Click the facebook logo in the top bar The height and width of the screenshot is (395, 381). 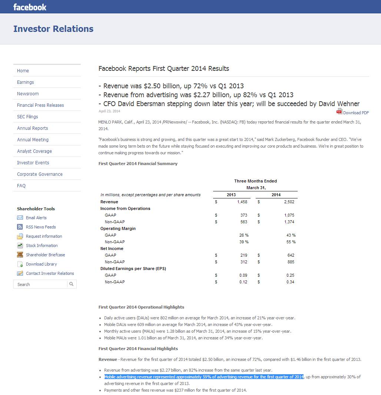[x=30, y=7]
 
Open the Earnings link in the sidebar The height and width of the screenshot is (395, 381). [x=25, y=82]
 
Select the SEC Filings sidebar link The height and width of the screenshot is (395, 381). [x=27, y=117]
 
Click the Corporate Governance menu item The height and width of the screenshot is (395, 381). [x=40, y=174]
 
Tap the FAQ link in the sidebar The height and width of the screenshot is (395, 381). [x=21, y=186]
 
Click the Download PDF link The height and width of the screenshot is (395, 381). [x=356, y=113]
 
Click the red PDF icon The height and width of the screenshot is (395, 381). [x=339, y=112]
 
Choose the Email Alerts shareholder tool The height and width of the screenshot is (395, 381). [x=36, y=218]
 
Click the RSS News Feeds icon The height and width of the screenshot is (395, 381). [x=20, y=227]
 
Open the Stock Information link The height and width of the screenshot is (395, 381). [x=42, y=246]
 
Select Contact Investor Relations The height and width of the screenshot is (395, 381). [x=50, y=273]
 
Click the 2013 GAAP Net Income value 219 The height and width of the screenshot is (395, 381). [x=243, y=255]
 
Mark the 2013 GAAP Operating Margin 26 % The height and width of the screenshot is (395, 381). [x=244, y=235]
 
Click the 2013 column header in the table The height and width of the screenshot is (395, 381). [x=231, y=195]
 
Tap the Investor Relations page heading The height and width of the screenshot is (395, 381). [x=53, y=29]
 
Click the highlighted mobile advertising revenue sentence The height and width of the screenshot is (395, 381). [x=203, y=377]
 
